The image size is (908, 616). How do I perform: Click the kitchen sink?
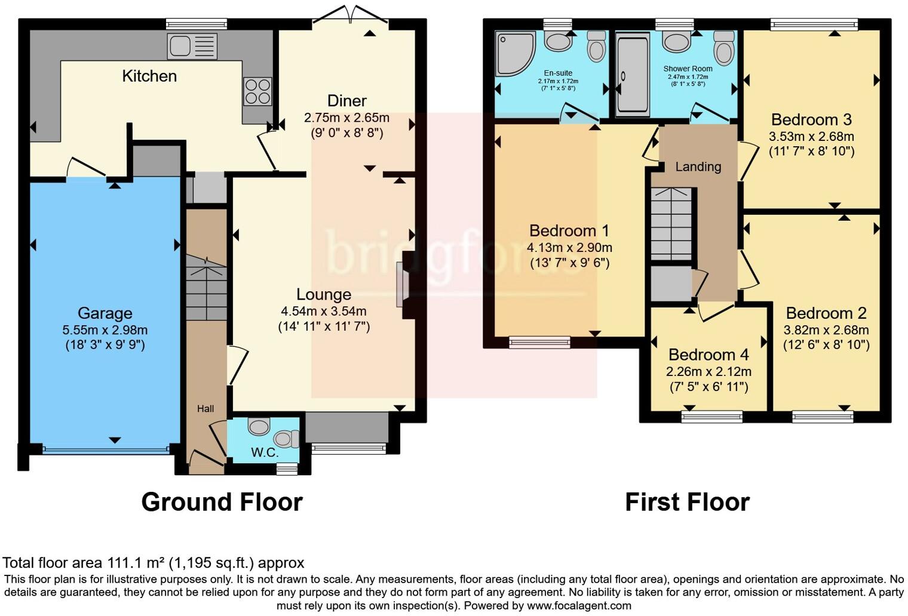click(192, 46)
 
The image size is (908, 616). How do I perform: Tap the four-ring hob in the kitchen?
click(257, 91)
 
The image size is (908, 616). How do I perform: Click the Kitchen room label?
click(149, 76)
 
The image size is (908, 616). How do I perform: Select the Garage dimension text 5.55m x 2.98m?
click(105, 330)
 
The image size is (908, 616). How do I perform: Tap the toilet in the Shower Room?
click(723, 48)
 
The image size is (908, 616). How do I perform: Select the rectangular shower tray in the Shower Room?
click(632, 74)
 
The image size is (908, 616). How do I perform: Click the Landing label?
click(698, 167)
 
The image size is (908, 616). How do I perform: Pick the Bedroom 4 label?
click(708, 355)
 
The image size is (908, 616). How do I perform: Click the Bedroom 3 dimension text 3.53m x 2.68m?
click(811, 137)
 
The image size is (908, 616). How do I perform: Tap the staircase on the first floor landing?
click(671, 224)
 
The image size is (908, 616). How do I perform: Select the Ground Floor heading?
click(222, 502)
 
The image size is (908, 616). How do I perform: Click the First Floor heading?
click(687, 502)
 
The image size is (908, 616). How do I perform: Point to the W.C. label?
click(264, 452)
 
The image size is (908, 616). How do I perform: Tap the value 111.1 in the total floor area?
click(123, 563)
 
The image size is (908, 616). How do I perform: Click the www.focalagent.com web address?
click(578, 606)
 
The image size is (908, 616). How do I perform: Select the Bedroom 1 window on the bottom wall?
click(539, 343)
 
